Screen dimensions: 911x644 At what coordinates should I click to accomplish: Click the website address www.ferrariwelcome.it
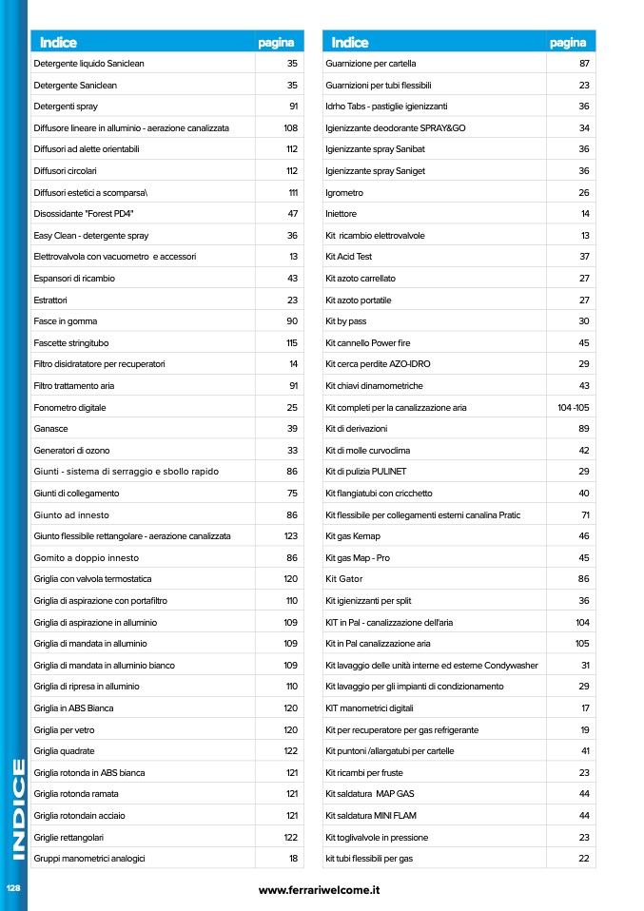[320, 889]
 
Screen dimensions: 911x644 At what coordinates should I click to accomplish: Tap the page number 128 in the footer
[13, 887]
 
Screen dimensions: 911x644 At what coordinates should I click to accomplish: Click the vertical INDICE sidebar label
[14, 808]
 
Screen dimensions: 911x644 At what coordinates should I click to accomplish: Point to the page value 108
[291, 127]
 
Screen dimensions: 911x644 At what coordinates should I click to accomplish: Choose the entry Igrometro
[344, 192]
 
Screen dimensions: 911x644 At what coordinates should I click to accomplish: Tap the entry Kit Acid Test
[348, 257]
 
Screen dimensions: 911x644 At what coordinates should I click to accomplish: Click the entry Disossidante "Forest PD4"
[86, 214]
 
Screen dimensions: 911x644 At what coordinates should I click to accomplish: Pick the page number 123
[291, 536]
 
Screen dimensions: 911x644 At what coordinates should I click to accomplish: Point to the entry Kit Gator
[343, 579]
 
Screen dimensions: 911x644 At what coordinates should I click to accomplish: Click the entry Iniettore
[342, 214]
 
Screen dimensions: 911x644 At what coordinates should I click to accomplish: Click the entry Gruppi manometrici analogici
[89, 859]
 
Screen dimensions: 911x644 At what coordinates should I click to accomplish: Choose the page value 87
[584, 63]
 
